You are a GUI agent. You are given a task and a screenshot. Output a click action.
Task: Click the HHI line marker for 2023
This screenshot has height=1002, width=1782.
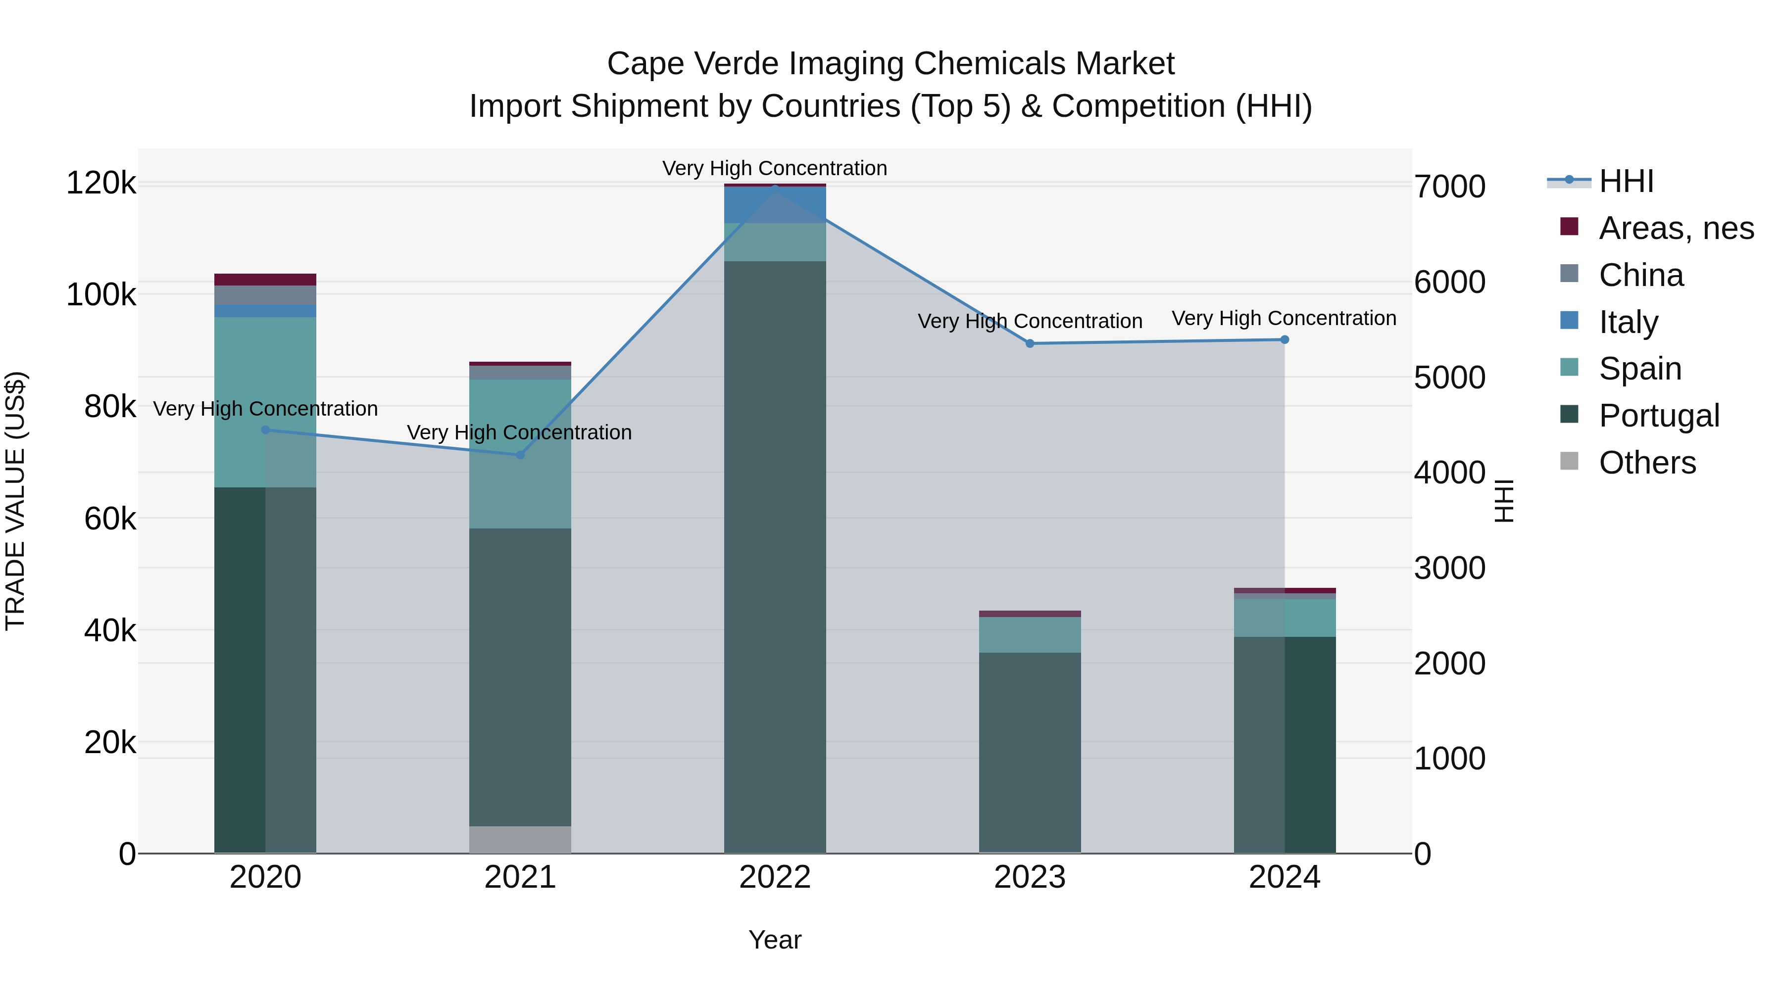tap(1030, 344)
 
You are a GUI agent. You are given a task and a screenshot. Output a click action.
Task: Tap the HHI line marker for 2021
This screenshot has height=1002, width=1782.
tap(520, 455)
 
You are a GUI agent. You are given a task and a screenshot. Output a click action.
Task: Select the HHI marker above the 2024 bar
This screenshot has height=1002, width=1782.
tap(1285, 339)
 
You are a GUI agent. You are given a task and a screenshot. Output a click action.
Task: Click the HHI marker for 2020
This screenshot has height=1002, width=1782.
tap(266, 430)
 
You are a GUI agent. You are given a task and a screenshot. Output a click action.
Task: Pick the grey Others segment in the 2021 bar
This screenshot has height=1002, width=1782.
tap(520, 840)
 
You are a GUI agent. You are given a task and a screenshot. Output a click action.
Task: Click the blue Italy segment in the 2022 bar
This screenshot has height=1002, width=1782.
tap(775, 205)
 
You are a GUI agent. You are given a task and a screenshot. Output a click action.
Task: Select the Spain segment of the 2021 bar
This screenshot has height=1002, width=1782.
tap(520, 454)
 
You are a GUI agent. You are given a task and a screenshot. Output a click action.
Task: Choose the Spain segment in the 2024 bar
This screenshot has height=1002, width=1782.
tap(1285, 618)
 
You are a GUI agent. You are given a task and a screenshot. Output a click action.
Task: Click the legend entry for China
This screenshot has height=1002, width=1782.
tap(1641, 275)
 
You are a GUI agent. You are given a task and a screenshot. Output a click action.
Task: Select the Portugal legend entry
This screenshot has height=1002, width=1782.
tap(1659, 416)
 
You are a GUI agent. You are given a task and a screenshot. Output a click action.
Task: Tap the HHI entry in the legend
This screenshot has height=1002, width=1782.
tap(1626, 181)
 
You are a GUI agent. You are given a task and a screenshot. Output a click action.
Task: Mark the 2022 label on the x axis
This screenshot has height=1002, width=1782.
tap(775, 877)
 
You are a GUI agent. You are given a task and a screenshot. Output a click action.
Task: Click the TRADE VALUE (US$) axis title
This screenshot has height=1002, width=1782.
tap(15, 501)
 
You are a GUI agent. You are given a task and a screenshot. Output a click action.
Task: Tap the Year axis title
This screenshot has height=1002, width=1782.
tap(775, 940)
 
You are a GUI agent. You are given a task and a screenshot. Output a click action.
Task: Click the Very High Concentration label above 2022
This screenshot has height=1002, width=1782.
tap(775, 168)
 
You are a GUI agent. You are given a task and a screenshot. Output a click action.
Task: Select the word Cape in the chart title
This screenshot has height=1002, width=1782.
tap(646, 64)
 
